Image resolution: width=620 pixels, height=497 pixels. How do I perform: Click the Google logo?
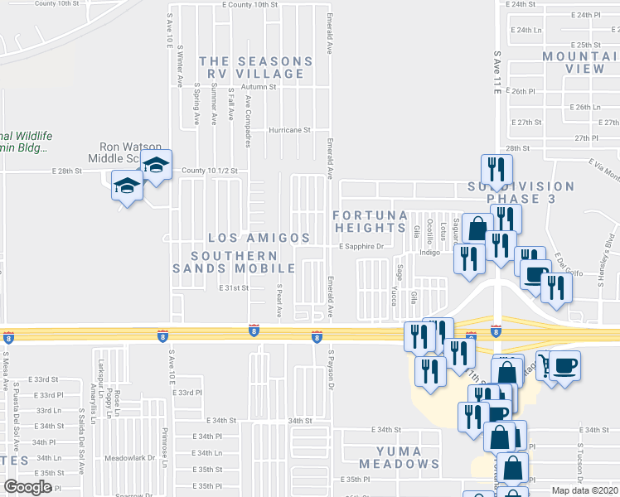[x=28, y=487]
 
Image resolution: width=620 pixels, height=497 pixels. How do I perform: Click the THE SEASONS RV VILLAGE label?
[x=256, y=67]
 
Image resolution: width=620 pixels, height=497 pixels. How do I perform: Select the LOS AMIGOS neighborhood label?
[x=259, y=238]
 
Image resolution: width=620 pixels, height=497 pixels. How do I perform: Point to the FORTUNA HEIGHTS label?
[x=370, y=221]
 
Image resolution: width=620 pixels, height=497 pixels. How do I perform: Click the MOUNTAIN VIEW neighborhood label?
[x=581, y=62]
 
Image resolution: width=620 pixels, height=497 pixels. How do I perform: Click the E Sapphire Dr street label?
[x=361, y=246]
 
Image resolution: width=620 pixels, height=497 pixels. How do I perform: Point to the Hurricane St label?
[x=288, y=130]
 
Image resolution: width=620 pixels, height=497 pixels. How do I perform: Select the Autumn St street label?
[x=259, y=86]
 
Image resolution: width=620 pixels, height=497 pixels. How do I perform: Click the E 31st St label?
[x=234, y=288]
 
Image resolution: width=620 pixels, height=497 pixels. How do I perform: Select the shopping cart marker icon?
[x=544, y=364]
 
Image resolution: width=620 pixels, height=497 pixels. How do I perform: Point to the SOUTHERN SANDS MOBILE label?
[x=234, y=262]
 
